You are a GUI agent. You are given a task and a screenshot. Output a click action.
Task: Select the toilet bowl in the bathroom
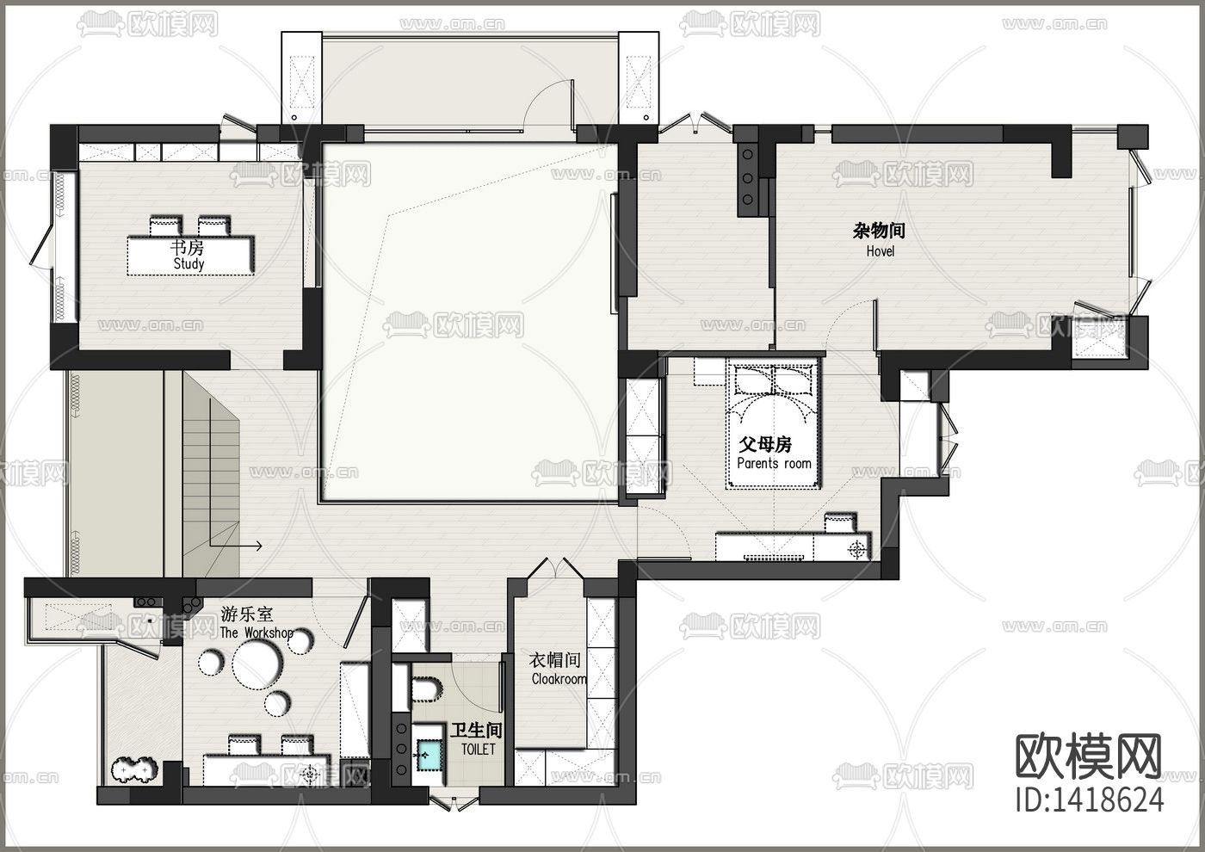(426, 689)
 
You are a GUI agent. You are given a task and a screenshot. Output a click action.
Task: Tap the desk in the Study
(191, 256)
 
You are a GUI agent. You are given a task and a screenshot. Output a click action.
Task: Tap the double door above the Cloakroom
(554, 568)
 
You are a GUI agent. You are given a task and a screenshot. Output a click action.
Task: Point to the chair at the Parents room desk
(840, 524)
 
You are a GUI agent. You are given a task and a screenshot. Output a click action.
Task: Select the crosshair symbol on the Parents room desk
(857, 550)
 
